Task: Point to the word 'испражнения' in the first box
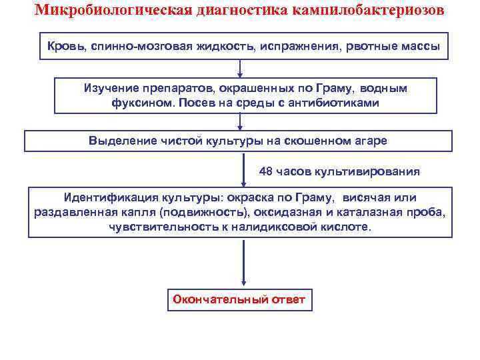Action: pyautogui.click(x=296, y=47)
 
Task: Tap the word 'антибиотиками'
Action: pyautogui.click(x=339, y=103)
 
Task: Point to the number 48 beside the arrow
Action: pyautogui.click(x=266, y=171)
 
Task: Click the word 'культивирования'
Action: pyautogui.click(x=371, y=171)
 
